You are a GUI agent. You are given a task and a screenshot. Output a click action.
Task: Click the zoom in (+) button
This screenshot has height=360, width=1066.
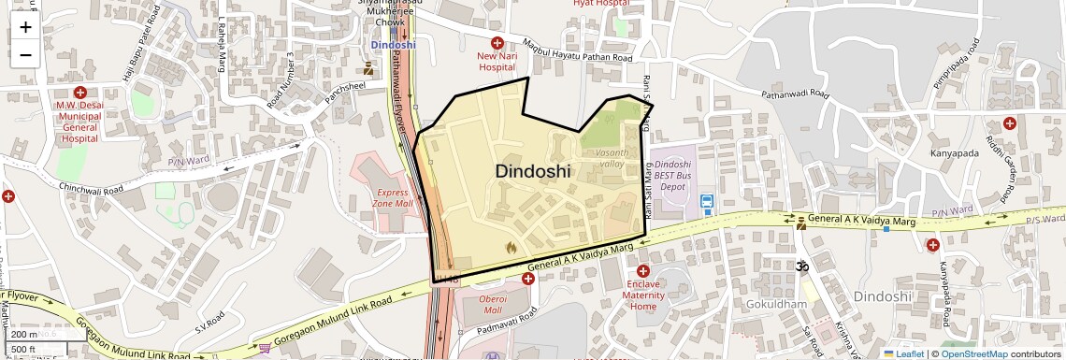point(25,27)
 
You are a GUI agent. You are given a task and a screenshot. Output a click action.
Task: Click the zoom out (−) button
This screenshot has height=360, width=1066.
point(25,54)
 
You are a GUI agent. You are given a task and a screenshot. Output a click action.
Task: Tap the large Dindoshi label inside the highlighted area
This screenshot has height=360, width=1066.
point(532,171)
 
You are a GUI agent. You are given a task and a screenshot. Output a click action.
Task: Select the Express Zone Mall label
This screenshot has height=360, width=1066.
point(392,196)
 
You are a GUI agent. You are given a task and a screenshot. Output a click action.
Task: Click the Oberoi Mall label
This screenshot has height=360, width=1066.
point(492,304)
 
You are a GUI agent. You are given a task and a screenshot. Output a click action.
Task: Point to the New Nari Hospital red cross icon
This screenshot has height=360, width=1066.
point(497,43)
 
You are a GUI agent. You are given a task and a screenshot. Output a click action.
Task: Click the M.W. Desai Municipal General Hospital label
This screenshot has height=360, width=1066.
point(79,122)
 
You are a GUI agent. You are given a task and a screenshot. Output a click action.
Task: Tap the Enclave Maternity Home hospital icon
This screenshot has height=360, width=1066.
point(643,271)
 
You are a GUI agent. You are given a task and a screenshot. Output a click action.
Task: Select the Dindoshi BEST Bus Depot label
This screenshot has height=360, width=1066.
point(673,175)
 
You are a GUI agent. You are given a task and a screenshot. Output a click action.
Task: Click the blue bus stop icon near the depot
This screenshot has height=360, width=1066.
point(707,200)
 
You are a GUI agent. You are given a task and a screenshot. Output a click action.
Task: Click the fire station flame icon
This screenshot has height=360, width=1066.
point(511,248)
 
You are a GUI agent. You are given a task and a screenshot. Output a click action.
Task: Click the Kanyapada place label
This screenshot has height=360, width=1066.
point(954,153)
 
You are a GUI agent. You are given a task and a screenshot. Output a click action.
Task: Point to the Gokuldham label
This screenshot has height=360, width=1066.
point(776,305)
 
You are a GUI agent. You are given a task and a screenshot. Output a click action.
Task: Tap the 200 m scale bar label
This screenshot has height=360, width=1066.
point(25,334)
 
